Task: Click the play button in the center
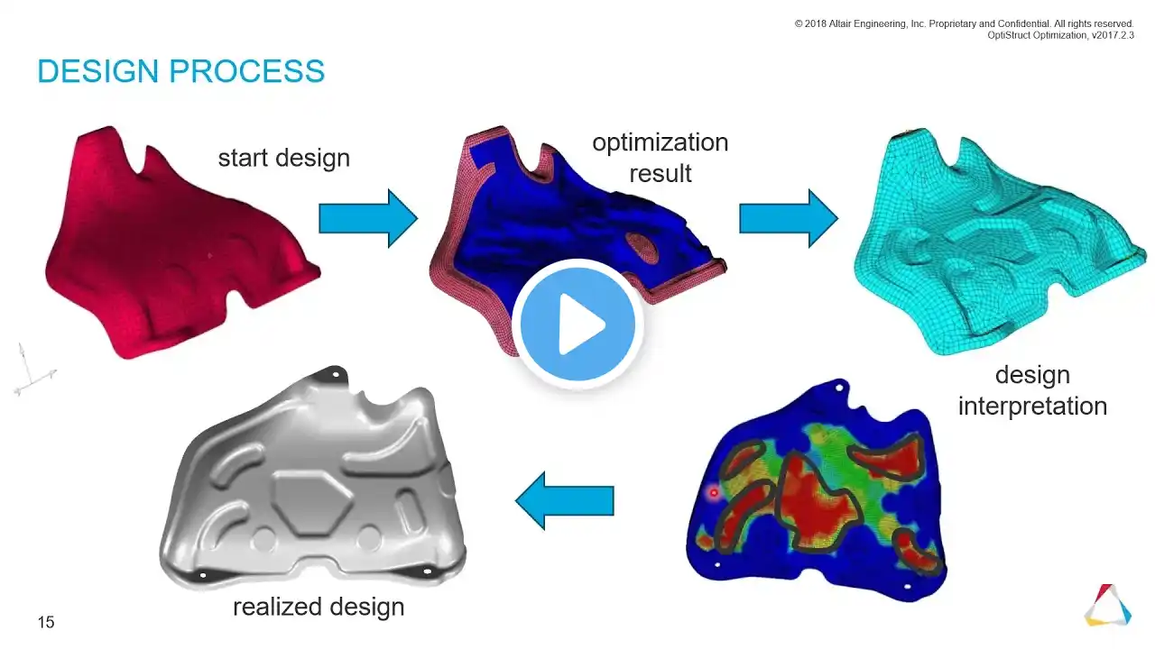577,324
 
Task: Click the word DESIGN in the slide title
98,70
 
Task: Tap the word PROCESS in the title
247,70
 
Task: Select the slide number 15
46,622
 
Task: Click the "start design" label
284,158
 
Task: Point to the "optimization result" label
660,158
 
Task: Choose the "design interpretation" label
1032,390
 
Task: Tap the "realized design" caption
319,607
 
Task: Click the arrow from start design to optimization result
368,218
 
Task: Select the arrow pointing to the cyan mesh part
789,218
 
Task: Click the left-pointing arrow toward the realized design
565,500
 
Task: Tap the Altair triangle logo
1108,605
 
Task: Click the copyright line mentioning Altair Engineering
965,23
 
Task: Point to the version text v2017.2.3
1113,35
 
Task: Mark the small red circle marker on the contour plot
714,493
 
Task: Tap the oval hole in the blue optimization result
642,248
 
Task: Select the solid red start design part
180,242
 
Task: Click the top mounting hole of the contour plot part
839,388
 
